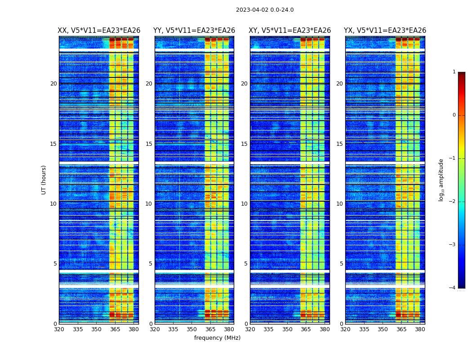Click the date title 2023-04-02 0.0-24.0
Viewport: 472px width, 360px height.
point(265,10)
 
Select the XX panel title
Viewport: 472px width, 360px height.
point(99,31)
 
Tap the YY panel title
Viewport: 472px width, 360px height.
point(194,31)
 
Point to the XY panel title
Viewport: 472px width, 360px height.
point(290,31)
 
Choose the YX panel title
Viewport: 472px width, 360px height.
point(385,31)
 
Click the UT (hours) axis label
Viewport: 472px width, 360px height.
point(44,180)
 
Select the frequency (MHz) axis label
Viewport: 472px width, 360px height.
point(217,338)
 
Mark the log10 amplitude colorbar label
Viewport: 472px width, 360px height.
point(441,180)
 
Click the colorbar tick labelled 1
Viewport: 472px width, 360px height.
point(454,72)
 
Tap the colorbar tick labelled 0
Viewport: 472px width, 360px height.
point(454,115)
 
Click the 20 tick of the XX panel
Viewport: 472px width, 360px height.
point(53,84)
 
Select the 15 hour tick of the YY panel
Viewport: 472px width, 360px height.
point(149,144)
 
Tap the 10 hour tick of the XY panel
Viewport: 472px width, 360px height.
point(245,204)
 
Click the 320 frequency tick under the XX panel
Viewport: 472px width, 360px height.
point(59,329)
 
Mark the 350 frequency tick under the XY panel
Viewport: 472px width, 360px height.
point(287,329)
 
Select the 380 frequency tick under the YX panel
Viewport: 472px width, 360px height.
point(420,329)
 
